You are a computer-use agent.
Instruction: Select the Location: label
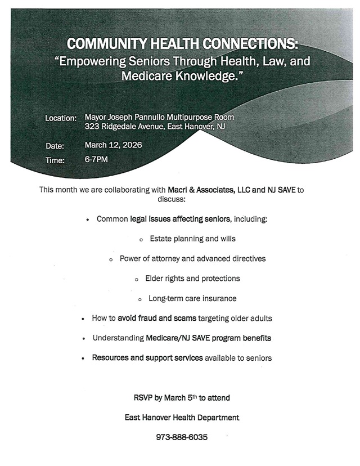coord(61,118)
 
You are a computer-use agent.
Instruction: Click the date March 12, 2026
coord(113,145)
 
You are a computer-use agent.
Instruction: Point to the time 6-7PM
coord(96,160)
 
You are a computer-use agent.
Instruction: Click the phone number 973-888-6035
coord(182,436)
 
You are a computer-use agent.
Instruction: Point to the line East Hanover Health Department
coord(182,418)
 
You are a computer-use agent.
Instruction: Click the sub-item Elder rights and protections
coord(192,279)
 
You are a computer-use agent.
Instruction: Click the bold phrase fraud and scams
coord(157,319)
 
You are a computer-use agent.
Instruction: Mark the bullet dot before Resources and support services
coord(83,358)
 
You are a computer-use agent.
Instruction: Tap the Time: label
coord(55,160)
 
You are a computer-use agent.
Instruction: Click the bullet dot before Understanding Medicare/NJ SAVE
coord(83,339)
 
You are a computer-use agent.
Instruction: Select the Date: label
coord(55,146)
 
